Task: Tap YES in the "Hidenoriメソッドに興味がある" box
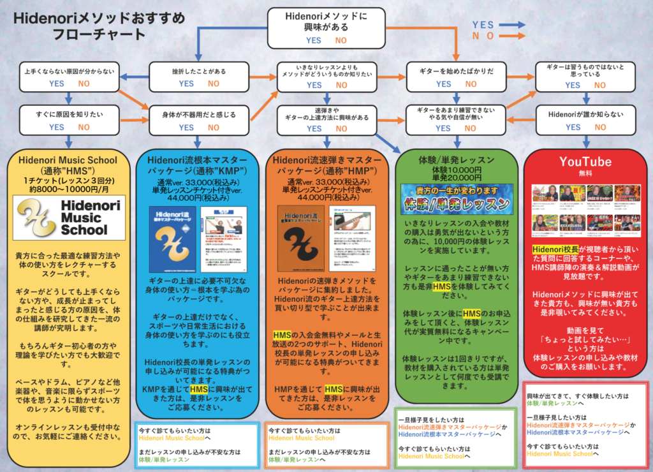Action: pos(313,40)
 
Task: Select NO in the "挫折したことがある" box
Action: pos(213,84)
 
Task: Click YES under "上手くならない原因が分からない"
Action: pos(57,84)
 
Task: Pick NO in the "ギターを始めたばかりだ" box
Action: pos(471,84)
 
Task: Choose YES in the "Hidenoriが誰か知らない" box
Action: pos(573,128)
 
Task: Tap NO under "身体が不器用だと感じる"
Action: pos(213,128)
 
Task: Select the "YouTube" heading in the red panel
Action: pos(585,161)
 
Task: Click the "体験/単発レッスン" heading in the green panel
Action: pos(457,159)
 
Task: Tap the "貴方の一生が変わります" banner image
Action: pos(457,198)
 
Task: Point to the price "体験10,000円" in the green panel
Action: pos(457,170)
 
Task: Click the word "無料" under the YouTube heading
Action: pos(585,173)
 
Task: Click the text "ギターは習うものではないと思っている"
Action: pos(584,71)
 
